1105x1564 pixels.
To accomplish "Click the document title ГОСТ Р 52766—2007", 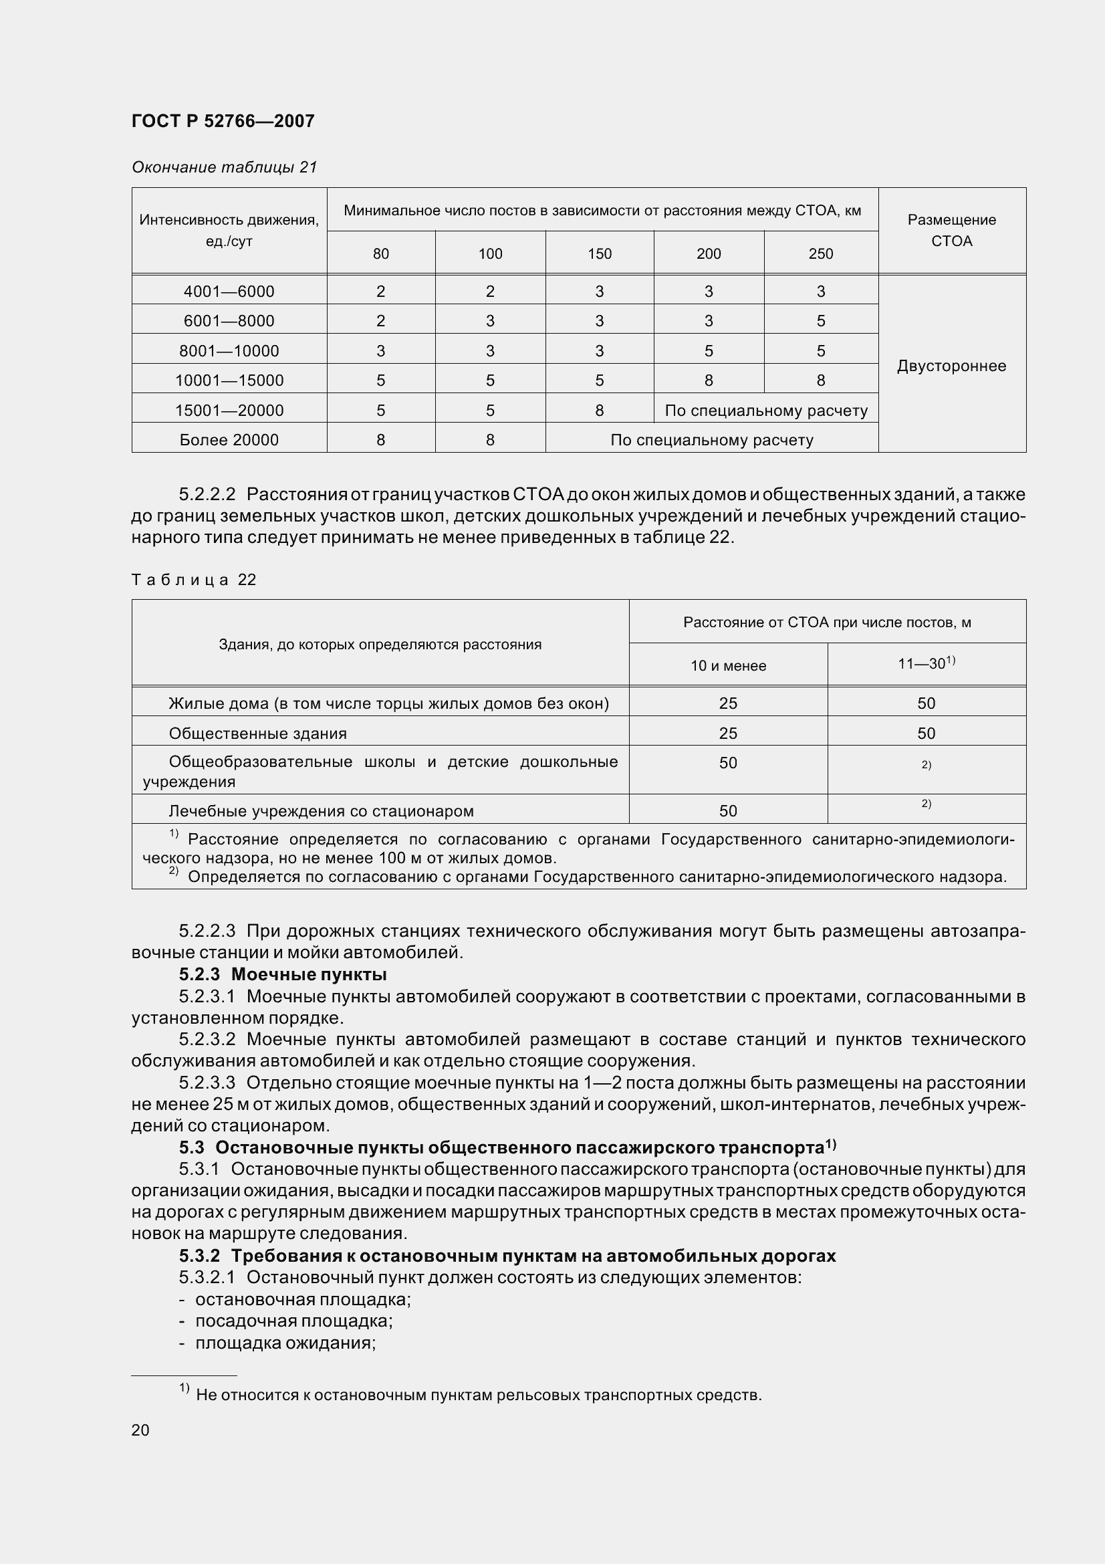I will click(x=223, y=121).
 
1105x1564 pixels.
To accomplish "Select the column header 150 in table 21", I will click(x=599, y=254).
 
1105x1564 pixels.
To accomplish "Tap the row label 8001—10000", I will click(x=229, y=351).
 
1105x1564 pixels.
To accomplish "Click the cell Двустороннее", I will click(x=951, y=366).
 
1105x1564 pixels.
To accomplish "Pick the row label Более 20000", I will click(x=229, y=440).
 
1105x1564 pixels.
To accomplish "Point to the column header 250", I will click(x=820, y=254).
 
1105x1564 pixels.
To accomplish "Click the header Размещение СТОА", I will click(x=951, y=230).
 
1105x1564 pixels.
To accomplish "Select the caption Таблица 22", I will click(x=193, y=580).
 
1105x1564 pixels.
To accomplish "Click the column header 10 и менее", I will click(x=728, y=665).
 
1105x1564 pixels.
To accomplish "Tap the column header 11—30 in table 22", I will click(x=925, y=663).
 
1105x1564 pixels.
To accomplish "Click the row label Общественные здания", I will click(x=257, y=734).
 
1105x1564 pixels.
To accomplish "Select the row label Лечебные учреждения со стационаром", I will click(x=321, y=810).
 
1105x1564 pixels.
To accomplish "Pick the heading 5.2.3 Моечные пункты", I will click(x=283, y=974).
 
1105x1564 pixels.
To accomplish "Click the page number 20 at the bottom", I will click(x=140, y=1430).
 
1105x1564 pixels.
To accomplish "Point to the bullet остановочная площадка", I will click(x=302, y=1300).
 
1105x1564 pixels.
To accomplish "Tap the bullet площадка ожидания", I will click(x=285, y=1343).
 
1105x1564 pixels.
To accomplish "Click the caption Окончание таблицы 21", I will click(x=225, y=167).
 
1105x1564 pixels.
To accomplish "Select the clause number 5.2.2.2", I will click(x=207, y=494).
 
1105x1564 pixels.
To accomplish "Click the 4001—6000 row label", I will click(x=229, y=292).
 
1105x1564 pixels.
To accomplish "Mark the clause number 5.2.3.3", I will click(x=207, y=1083).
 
